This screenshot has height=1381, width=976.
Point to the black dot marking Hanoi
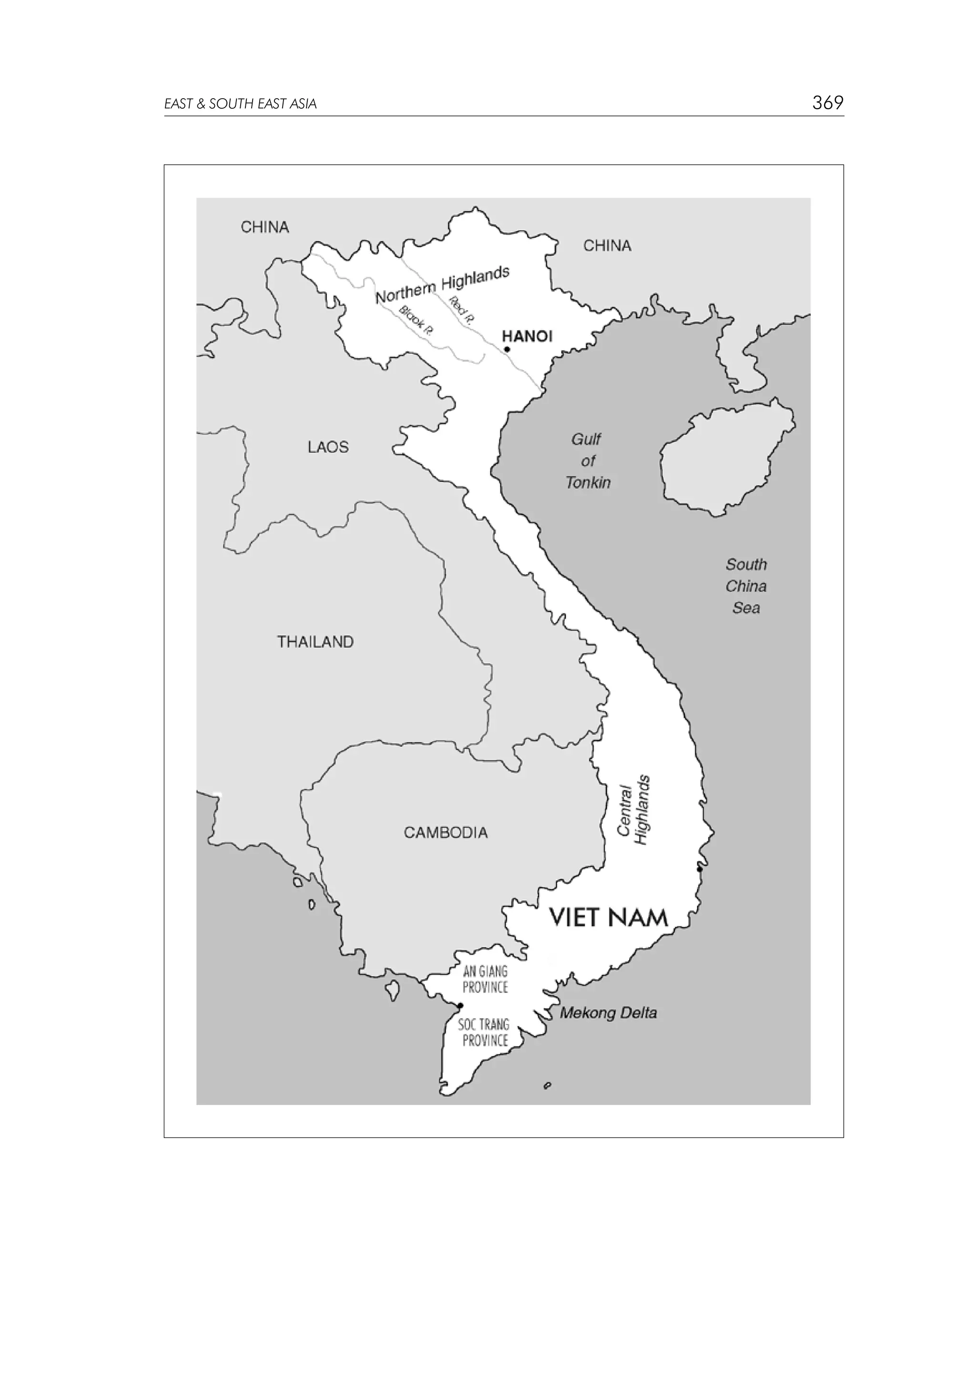[507, 349]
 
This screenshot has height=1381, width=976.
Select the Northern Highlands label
[442, 285]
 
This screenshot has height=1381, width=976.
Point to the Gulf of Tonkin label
[588, 461]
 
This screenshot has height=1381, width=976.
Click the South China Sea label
[746, 586]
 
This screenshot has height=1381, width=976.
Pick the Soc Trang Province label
[484, 1032]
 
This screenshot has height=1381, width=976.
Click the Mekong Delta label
[608, 1013]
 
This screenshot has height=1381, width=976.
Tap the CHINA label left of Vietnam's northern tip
[264, 227]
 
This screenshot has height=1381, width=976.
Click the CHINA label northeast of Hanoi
[607, 246]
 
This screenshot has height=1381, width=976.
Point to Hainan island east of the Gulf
[725, 457]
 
